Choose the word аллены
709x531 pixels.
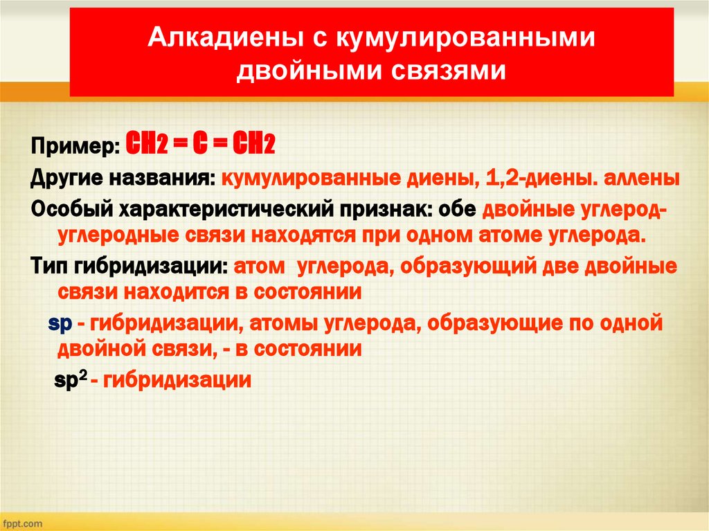click(641, 179)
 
